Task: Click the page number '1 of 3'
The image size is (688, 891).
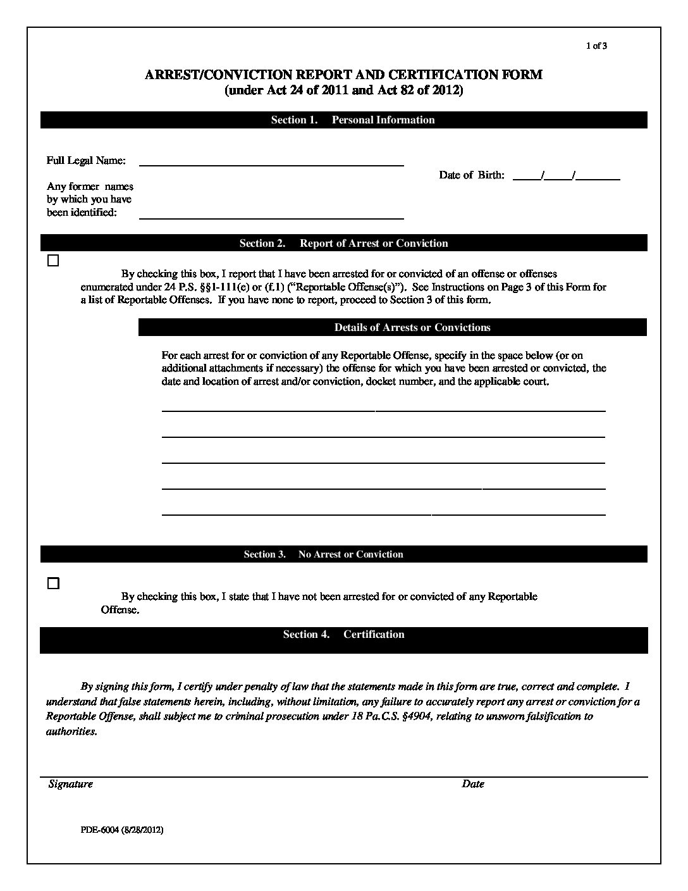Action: click(596, 46)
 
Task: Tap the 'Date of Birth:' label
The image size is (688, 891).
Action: click(472, 175)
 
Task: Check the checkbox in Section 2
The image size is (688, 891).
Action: click(54, 261)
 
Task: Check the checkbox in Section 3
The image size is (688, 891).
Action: click(54, 583)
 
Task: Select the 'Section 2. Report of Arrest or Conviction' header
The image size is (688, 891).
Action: click(343, 244)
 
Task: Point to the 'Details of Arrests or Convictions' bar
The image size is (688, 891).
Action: click(412, 328)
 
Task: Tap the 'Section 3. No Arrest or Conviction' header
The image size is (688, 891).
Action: click(323, 554)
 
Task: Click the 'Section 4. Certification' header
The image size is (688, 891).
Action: click(343, 635)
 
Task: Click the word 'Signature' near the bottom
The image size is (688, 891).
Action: click(71, 784)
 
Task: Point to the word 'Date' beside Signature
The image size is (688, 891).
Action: click(473, 784)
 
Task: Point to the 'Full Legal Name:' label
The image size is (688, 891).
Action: click(86, 161)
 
